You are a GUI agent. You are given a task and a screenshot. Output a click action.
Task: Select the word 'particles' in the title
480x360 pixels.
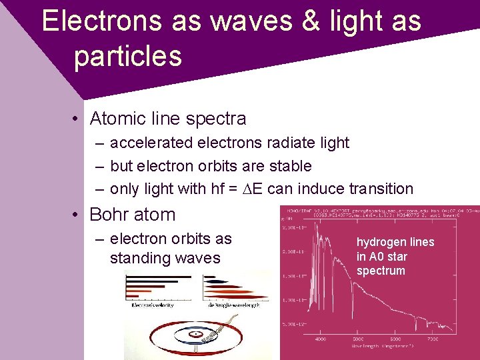click(127, 56)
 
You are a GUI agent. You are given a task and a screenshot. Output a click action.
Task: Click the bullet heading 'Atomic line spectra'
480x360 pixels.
click(167, 119)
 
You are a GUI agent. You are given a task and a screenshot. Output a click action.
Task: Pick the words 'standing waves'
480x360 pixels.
click(165, 258)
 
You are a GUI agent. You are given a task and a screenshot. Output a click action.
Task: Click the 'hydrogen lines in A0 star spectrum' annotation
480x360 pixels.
click(395, 256)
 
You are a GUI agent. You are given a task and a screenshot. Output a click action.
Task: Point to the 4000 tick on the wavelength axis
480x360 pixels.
click(320, 339)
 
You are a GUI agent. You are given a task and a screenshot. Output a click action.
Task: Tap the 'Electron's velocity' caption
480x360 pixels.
click(152, 305)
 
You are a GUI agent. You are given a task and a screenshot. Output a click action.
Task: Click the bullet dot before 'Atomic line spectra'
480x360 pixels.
click(78, 119)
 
